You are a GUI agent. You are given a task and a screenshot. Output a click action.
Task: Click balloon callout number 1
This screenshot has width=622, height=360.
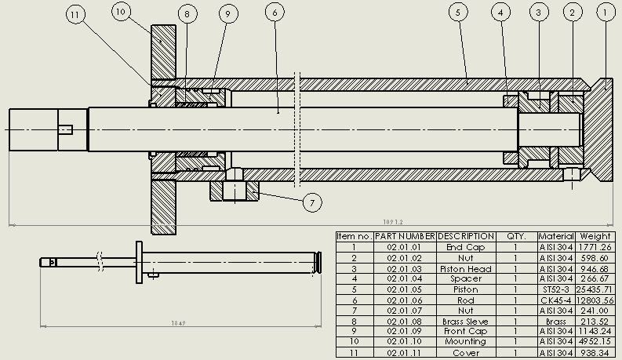(605, 12)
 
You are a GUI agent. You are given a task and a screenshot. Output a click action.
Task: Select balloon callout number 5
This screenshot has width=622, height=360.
(459, 12)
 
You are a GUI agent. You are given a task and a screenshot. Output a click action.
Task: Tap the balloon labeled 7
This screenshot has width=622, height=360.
(312, 203)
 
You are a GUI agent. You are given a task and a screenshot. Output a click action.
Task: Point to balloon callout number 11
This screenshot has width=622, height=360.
(75, 15)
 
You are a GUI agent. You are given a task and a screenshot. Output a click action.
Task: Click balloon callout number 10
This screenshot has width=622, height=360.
(121, 11)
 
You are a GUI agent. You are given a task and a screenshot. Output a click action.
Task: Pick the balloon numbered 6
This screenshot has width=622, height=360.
(273, 12)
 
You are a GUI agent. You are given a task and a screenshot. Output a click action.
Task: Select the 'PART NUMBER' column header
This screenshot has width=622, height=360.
(405, 236)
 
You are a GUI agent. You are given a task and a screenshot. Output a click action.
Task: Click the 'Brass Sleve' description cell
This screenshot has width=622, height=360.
(466, 322)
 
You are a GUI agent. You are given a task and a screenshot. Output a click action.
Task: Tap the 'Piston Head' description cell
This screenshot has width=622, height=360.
(466, 269)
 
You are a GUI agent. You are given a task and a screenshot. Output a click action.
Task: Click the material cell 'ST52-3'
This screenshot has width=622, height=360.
(556, 290)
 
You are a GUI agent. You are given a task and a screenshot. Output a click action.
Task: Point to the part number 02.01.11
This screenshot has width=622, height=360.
(405, 354)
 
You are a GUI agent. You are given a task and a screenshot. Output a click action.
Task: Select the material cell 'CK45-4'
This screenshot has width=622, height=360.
(556, 300)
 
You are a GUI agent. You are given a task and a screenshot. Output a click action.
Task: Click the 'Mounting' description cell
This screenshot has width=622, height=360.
(466, 343)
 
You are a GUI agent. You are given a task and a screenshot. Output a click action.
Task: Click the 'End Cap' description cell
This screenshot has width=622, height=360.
(466, 248)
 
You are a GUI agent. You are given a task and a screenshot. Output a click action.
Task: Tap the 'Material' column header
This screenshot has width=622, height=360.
(556, 236)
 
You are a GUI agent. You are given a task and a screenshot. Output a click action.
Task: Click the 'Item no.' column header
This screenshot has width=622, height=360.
(354, 236)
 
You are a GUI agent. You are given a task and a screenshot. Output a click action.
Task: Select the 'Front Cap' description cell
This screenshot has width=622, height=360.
(466, 333)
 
